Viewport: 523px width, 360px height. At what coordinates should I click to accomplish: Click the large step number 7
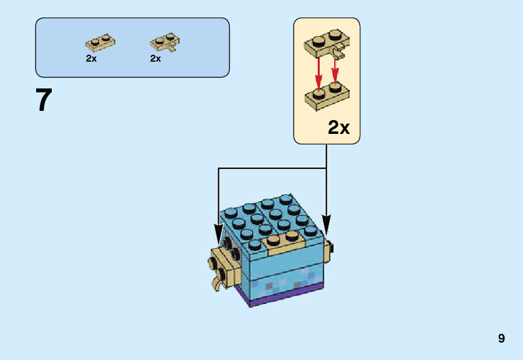pyautogui.click(x=43, y=100)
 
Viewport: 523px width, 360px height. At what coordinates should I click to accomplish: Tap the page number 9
pyautogui.click(x=501, y=339)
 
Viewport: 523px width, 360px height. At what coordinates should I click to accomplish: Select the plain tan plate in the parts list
pyautogui.click(x=100, y=44)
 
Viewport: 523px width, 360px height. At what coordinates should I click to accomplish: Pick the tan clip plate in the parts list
pyautogui.click(x=165, y=43)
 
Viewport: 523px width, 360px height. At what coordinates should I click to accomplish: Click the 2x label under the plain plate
pyautogui.click(x=92, y=59)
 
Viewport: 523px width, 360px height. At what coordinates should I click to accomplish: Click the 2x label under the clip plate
pyautogui.click(x=156, y=59)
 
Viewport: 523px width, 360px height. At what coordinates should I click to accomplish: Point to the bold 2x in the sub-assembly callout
pyautogui.click(x=338, y=128)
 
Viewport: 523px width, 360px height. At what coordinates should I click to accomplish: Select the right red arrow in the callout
pyautogui.click(x=335, y=70)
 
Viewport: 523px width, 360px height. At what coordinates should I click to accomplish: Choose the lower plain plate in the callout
pyautogui.click(x=327, y=97)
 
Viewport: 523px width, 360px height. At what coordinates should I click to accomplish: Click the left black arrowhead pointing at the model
pyautogui.click(x=218, y=235)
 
